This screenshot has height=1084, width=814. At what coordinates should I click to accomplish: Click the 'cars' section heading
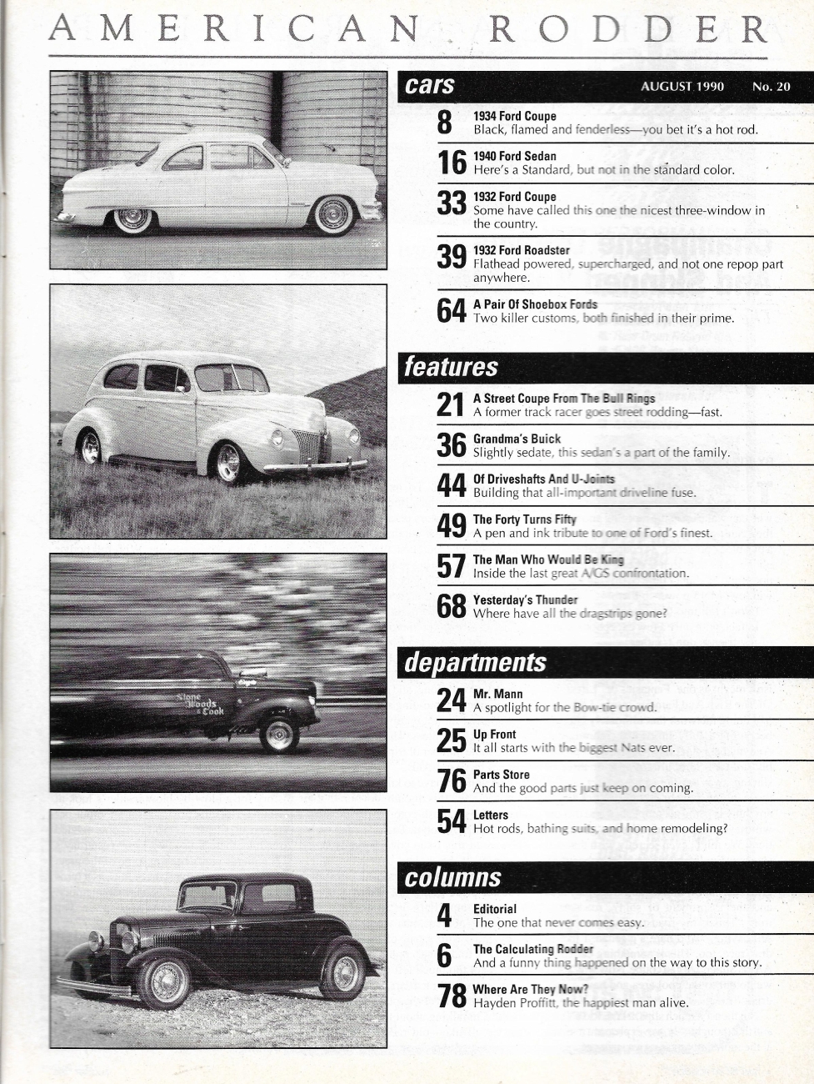coord(430,85)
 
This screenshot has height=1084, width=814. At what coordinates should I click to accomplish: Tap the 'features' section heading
coord(451,367)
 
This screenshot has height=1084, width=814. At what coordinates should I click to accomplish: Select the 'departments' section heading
coord(475,662)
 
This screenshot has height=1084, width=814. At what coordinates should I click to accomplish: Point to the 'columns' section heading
coord(452,877)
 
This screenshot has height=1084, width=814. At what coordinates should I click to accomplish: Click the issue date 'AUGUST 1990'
coord(682,87)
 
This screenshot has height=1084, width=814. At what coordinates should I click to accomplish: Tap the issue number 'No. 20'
coord(771,87)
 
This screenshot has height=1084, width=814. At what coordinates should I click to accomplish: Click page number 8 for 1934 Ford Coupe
coord(445,123)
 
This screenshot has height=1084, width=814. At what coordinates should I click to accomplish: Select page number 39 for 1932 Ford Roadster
coord(451,257)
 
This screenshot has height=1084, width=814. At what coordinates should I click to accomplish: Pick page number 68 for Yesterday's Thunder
coord(451,606)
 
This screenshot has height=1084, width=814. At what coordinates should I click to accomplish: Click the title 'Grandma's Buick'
coord(517,439)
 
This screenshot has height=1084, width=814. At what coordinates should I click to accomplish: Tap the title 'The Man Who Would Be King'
coord(548,560)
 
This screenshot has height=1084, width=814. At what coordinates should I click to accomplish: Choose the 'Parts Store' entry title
coord(501,775)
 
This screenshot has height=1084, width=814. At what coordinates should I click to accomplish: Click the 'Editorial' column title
coord(495,909)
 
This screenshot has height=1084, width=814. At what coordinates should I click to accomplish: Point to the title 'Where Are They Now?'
coord(531,989)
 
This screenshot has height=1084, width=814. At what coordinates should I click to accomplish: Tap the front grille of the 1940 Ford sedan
coord(308,445)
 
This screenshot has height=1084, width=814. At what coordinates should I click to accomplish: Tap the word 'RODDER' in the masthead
coord(627,30)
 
